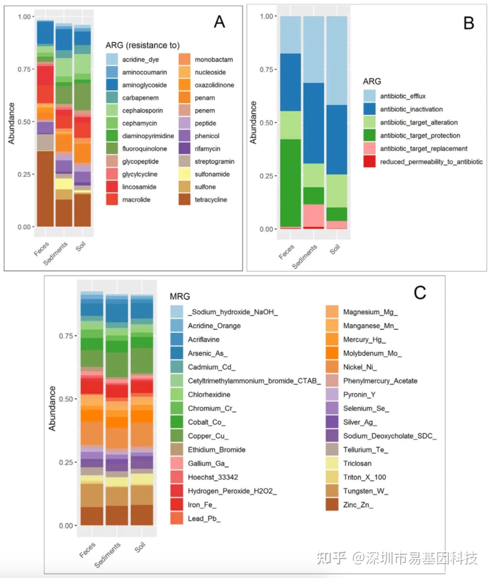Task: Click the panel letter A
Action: (x=219, y=22)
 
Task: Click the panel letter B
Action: (x=469, y=23)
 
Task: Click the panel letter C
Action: (x=420, y=293)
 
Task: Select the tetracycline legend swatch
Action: (x=184, y=200)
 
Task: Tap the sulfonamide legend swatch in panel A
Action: (x=184, y=174)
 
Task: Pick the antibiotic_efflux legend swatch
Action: (x=369, y=96)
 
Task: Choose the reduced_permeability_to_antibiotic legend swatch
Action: (x=369, y=162)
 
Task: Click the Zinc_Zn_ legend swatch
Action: (x=332, y=505)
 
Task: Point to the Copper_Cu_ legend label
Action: (x=208, y=436)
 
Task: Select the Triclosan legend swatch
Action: (x=332, y=463)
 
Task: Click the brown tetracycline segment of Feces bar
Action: (x=45, y=189)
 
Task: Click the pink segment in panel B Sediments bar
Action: (x=314, y=215)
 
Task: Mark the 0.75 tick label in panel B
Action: (x=266, y=70)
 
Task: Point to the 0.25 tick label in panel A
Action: (x=24, y=175)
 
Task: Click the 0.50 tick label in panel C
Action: (x=66, y=399)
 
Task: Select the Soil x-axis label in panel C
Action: (x=140, y=547)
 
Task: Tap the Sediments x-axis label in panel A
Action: (x=55, y=253)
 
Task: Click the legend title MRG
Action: (x=180, y=296)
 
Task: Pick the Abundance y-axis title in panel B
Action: (x=253, y=122)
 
